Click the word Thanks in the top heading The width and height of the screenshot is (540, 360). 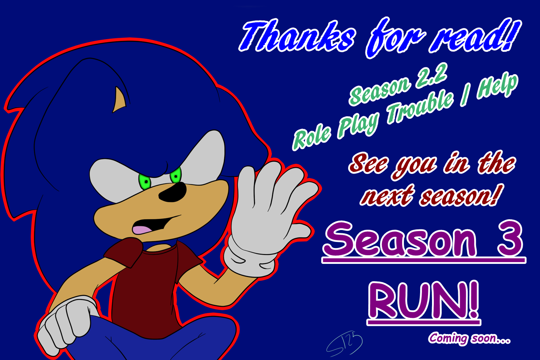(x=297, y=36)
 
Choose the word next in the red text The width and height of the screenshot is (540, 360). (x=387, y=196)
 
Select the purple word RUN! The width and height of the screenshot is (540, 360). (x=423, y=301)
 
